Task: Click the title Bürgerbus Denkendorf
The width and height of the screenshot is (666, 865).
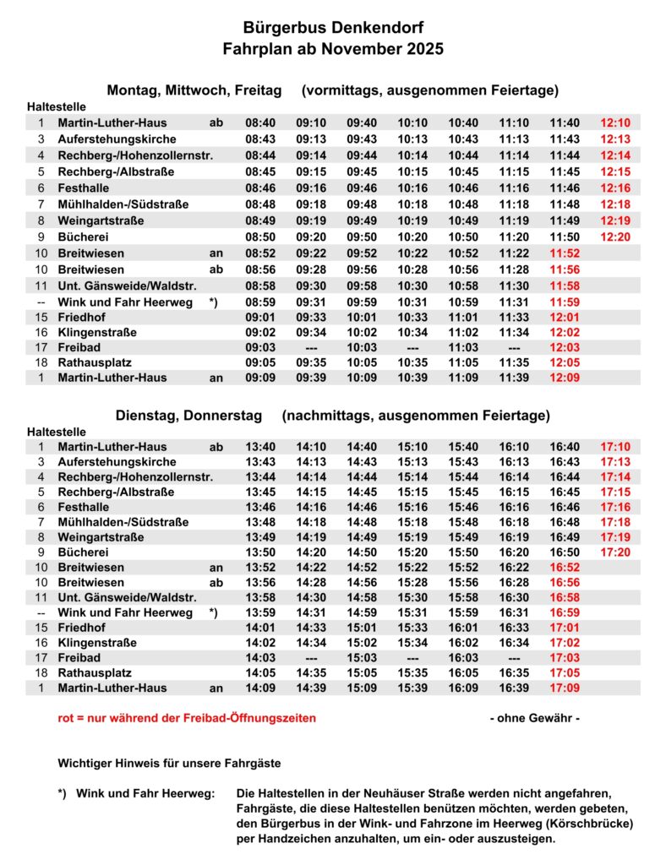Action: point(333,28)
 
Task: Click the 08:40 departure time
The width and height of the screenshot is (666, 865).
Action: point(260,122)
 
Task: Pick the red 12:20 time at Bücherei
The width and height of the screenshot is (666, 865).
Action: point(615,237)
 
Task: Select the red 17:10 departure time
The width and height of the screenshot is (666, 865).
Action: point(615,447)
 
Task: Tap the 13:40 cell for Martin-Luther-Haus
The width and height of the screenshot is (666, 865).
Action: point(260,447)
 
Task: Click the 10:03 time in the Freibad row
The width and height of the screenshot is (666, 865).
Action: point(362,347)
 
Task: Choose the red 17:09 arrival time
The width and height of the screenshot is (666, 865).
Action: point(565,688)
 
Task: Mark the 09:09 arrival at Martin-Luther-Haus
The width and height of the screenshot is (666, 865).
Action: point(260,378)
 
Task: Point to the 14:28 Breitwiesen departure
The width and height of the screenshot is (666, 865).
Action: point(311,583)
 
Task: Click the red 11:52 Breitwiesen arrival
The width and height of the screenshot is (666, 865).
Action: point(565,253)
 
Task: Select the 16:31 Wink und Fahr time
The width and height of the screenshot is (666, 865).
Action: point(514,612)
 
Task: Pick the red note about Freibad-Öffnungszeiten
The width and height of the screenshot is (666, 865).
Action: point(187,718)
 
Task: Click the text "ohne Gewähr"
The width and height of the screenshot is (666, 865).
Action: point(535,718)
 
